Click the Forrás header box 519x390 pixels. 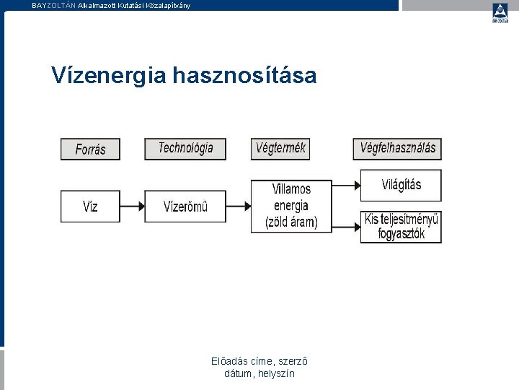pyautogui.click(x=90, y=149)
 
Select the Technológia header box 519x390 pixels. pyautogui.click(x=185, y=148)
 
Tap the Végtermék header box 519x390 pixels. pyautogui.click(x=280, y=148)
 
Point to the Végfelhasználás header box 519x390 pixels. pyautogui.click(x=397, y=148)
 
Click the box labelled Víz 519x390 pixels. pyautogui.click(x=90, y=206)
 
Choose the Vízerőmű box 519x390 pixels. pyautogui.click(x=185, y=206)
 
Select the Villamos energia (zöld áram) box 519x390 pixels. pyautogui.click(x=291, y=206)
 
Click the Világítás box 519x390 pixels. pyautogui.click(x=401, y=185)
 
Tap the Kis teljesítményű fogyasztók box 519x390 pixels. pyautogui.click(x=401, y=226)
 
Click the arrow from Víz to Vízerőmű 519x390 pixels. pyautogui.click(x=132, y=207)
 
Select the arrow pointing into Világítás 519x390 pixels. pyautogui.click(x=345, y=186)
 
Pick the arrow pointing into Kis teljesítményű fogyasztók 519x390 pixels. pyautogui.click(x=345, y=226)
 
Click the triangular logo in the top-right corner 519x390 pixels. pyautogui.click(x=500, y=12)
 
